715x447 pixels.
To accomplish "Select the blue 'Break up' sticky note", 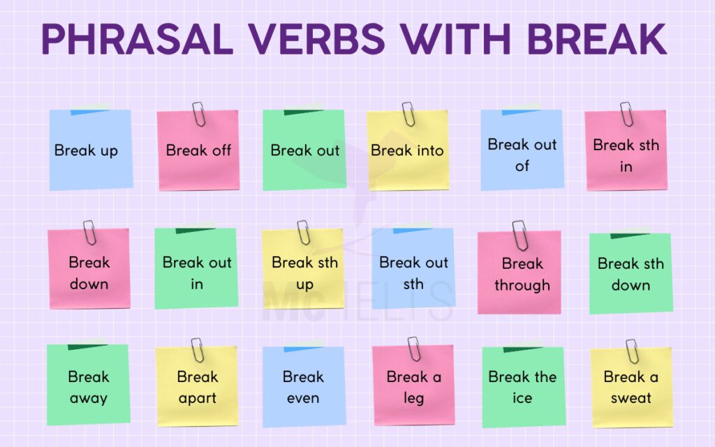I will coord(90,150).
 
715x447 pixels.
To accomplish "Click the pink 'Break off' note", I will coord(199,151).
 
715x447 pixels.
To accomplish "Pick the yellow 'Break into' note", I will coord(408,151).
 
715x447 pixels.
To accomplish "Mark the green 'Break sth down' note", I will coord(631,274).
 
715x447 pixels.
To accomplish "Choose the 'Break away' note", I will coord(89,386).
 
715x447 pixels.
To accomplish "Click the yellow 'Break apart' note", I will coord(198,386).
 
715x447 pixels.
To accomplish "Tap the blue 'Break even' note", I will coord(304,386).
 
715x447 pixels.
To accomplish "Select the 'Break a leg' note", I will coord(413,386).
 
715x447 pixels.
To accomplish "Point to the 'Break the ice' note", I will coord(523,386).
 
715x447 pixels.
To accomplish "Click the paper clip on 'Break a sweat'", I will coord(632,351).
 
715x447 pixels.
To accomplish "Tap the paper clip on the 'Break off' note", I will coord(199,114).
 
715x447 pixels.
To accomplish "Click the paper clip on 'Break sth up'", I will coord(303,233).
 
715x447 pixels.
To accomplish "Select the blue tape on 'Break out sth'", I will coord(412,229).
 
